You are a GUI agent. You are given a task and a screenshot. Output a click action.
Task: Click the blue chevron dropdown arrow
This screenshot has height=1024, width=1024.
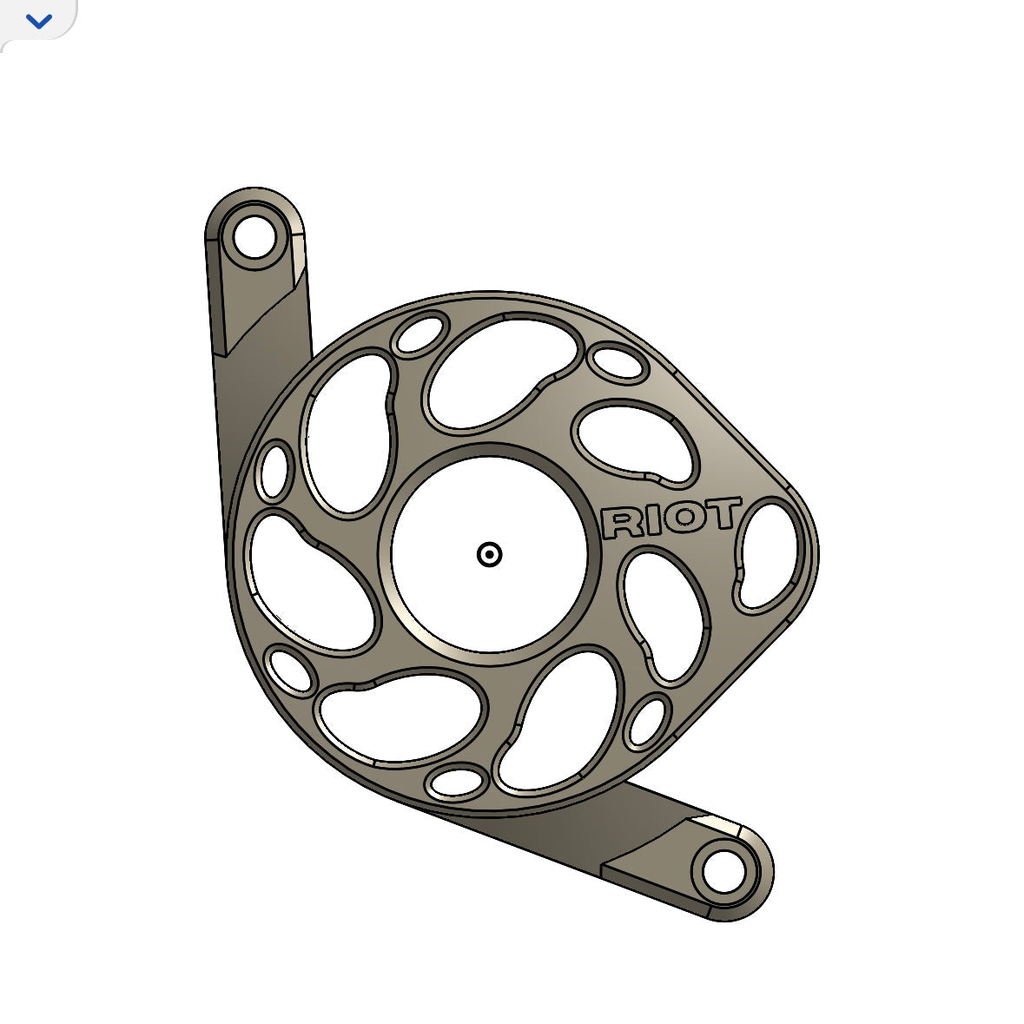point(39,22)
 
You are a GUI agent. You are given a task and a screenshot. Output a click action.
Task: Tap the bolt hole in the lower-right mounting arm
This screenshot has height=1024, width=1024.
point(723,872)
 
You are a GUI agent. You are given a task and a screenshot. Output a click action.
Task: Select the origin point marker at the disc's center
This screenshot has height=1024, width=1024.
point(490,554)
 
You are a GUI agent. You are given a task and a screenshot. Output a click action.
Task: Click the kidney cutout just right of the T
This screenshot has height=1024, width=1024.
point(768,554)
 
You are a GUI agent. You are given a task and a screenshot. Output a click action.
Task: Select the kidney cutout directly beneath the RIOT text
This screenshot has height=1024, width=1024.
point(665,613)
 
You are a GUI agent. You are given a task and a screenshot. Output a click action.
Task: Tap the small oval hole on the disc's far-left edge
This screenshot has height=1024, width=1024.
point(274,471)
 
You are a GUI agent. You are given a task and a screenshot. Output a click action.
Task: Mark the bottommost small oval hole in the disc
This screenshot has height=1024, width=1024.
point(458,782)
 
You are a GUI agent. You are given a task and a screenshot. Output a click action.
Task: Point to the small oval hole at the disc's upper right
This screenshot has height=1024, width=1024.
point(617,363)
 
